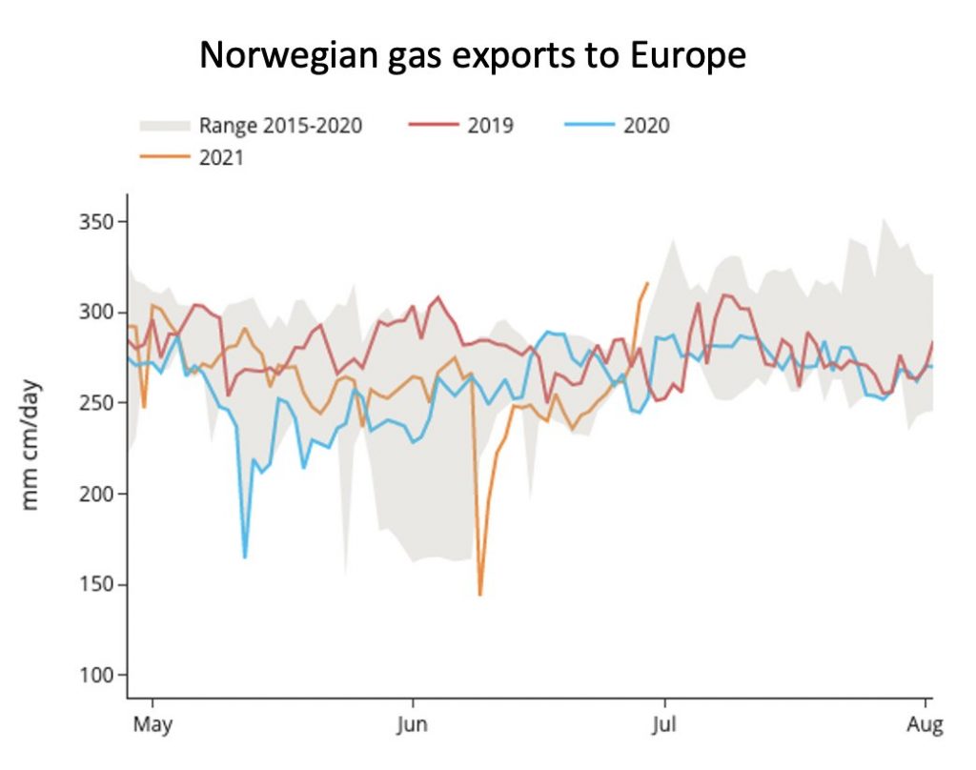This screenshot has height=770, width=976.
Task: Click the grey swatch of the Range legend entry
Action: (164, 126)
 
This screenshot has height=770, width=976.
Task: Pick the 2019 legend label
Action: (490, 126)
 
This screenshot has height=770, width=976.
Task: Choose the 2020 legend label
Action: (646, 126)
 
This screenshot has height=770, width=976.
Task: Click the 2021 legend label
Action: (221, 158)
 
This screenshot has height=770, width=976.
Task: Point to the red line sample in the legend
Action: (433, 126)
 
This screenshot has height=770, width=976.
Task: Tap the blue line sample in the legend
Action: (588, 126)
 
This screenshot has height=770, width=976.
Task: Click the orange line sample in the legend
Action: (164, 158)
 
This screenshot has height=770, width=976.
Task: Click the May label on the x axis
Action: (152, 725)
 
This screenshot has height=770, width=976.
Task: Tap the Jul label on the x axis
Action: (663, 725)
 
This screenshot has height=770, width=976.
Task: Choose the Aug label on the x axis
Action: (925, 725)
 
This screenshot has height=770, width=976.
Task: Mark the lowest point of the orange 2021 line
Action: (480, 595)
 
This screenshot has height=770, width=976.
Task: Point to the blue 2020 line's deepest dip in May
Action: (245, 557)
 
